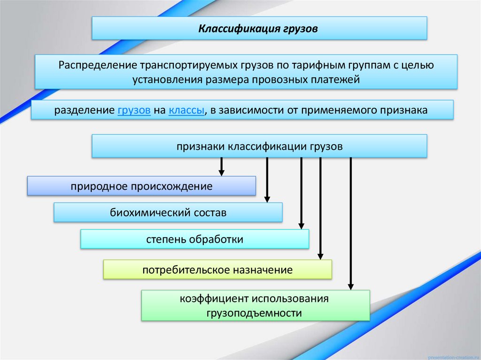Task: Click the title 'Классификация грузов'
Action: (x=258, y=29)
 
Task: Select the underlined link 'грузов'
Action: (x=134, y=111)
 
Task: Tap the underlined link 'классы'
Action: (x=186, y=111)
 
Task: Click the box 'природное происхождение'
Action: (x=141, y=186)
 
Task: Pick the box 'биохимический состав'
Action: (x=168, y=213)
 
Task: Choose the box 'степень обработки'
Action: (x=194, y=239)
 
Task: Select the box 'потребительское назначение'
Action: (x=217, y=270)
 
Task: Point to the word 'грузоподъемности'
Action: (x=254, y=312)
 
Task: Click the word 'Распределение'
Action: (x=90, y=65)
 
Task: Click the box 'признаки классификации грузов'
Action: (x=259, y=146)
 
